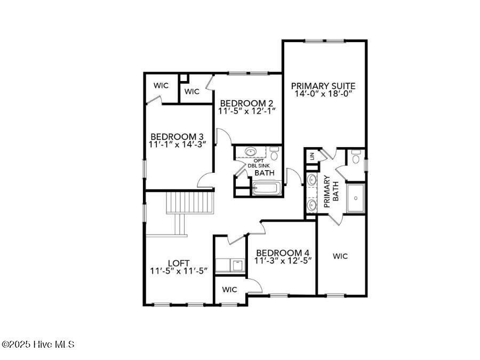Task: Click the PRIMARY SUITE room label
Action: click(323, 85)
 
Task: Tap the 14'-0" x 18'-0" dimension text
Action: click(323, 94)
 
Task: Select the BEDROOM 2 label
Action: click(247, 103)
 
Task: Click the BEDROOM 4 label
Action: click(283, 252)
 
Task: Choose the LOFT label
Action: click(178, 263)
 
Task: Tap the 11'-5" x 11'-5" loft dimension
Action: click(178, 271)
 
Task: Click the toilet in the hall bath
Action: click(274, 155)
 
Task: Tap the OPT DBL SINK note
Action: click(259, 163)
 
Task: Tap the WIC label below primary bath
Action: click(340, 257)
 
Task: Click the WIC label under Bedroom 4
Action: click(229, 290)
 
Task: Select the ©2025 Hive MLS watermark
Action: click(38, 345)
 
